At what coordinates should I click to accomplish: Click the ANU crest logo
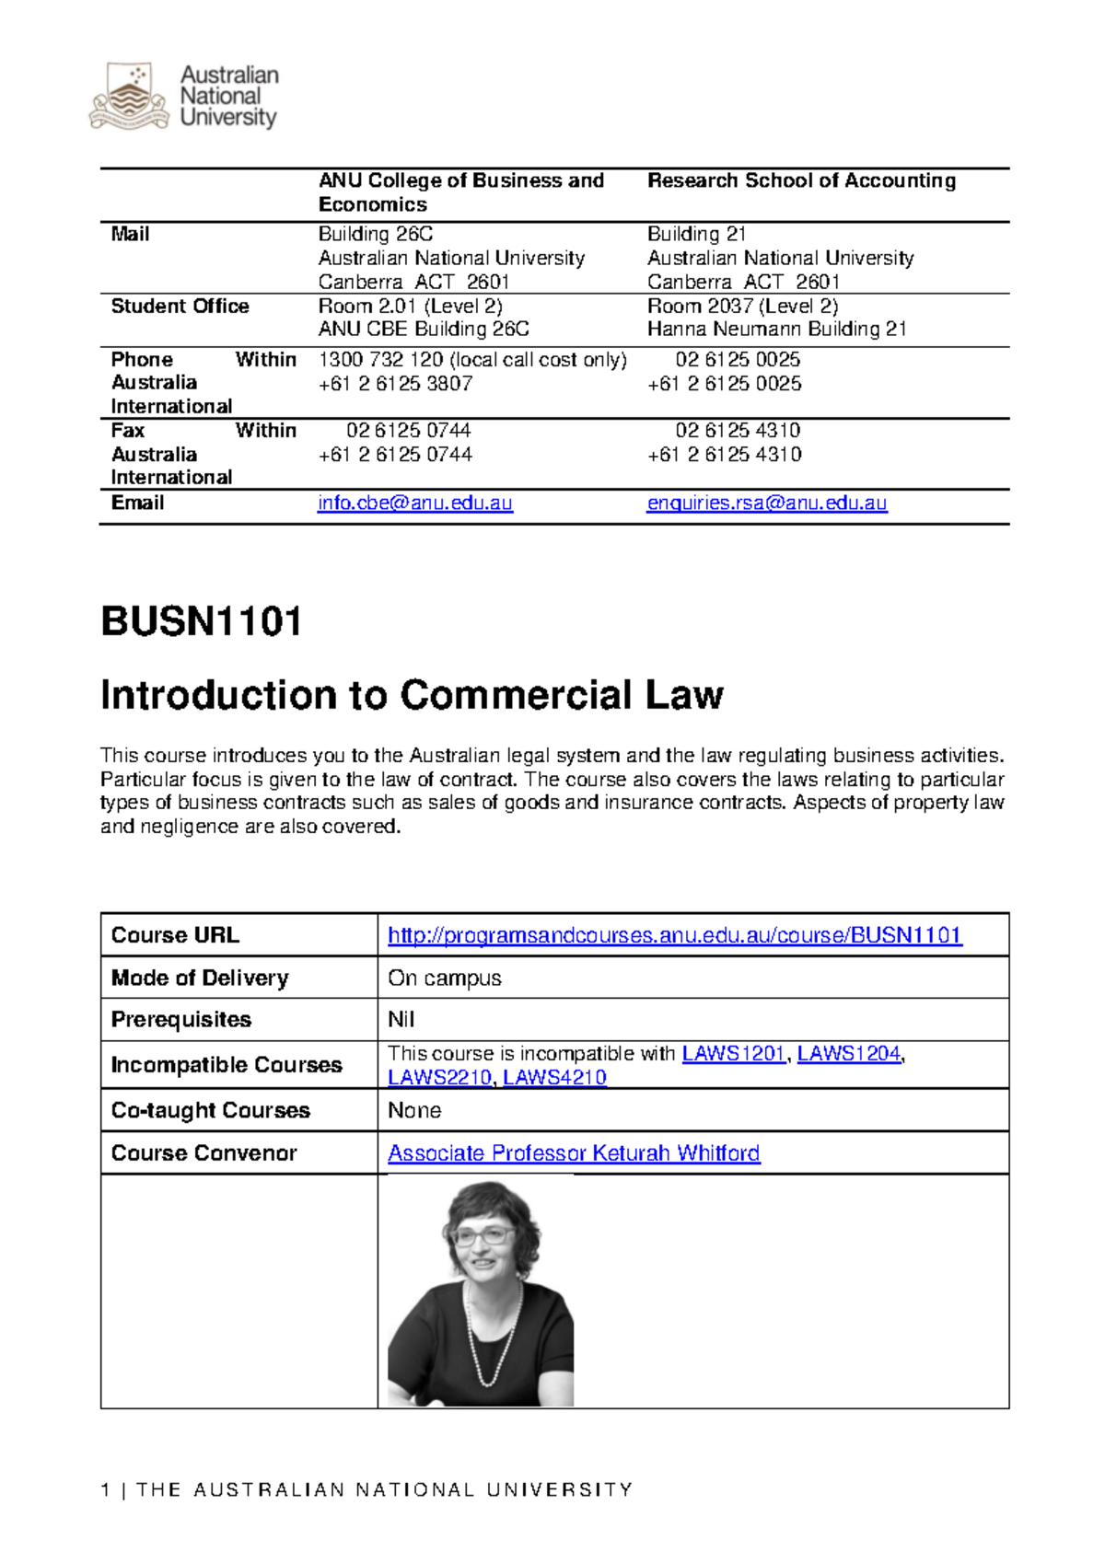point(129,96)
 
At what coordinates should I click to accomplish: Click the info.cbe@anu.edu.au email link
point(414,504)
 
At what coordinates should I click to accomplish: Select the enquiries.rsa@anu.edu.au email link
point(766,504)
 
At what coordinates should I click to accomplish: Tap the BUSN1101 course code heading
point(201,622)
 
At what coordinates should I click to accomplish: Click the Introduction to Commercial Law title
point(412,696)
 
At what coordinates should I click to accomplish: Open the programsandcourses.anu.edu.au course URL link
point(674,936)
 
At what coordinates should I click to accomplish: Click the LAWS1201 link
point(733,1054)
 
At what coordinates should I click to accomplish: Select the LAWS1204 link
point(848,1054)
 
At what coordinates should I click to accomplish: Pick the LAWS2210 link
point(439,1078)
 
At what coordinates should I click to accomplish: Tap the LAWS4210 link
point(554,1078)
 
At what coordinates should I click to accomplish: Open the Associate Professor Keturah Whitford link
point(574,1153)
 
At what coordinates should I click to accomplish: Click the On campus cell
point(445,978)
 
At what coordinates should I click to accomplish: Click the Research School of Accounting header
point(801,181)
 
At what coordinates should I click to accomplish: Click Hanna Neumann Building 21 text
point(776,330)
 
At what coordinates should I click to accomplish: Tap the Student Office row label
point(180,307)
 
